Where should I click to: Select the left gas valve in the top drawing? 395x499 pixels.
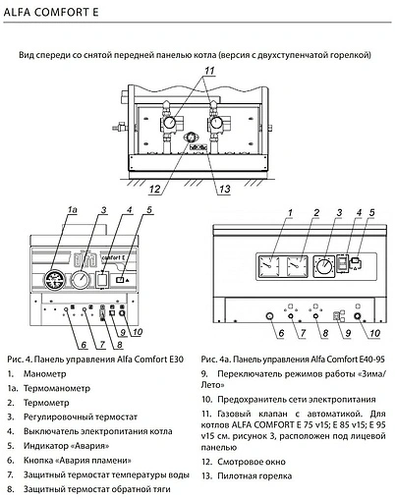(169, 129)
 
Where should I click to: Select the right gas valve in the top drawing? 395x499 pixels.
(211, 129)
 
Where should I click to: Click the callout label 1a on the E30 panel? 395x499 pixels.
(72, 210)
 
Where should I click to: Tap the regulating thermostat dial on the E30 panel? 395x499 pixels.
(82, 284)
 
